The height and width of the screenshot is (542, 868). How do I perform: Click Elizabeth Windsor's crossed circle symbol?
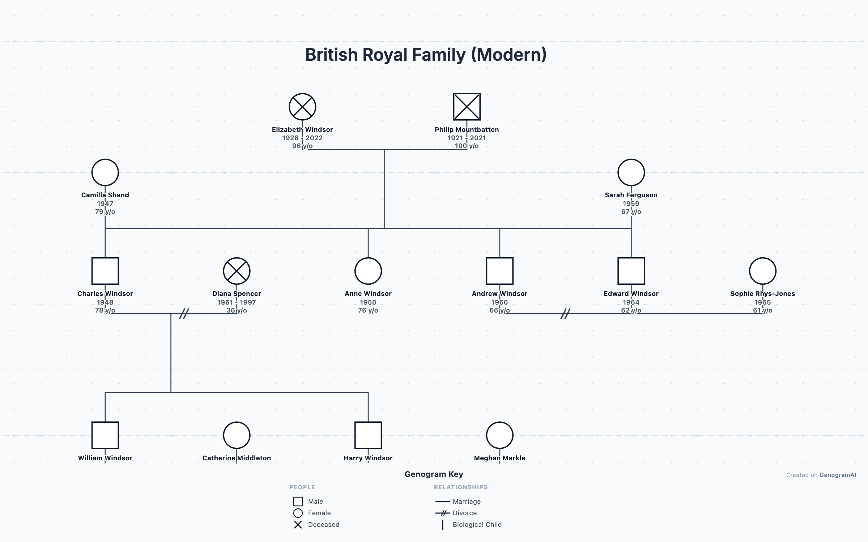pos(302,107)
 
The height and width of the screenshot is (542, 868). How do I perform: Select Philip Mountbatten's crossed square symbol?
pos(467,107)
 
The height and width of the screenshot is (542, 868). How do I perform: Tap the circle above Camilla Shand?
pos(105,172)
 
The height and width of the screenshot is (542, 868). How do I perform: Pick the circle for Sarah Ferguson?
pos(631,172)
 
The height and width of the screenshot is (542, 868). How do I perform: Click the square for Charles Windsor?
pos(105,271)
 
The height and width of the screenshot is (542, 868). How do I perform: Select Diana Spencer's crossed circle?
pos(237,271)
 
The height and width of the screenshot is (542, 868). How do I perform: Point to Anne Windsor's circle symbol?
pos(368,271)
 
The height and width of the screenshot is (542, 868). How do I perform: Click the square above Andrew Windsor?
pos(499,271)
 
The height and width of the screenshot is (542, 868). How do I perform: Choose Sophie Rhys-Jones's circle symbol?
pos(762,271)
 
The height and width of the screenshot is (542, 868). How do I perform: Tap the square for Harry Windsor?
pos(368,435)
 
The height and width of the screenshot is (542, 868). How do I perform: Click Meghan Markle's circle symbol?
pos(499,435)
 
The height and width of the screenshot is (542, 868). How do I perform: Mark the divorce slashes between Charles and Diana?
pos(184,314)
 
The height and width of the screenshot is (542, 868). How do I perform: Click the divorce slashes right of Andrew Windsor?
pos(565,314)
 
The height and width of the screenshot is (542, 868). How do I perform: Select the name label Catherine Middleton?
pos(237,458)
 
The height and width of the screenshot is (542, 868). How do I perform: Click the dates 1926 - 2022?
pos(302,138)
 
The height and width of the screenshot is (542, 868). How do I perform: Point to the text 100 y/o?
pos(467,146)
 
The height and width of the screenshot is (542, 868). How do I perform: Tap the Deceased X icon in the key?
pos(298,525)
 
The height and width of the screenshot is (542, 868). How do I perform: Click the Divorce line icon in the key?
pos(442,513)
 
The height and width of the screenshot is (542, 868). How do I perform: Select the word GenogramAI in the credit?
pos(838,475)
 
